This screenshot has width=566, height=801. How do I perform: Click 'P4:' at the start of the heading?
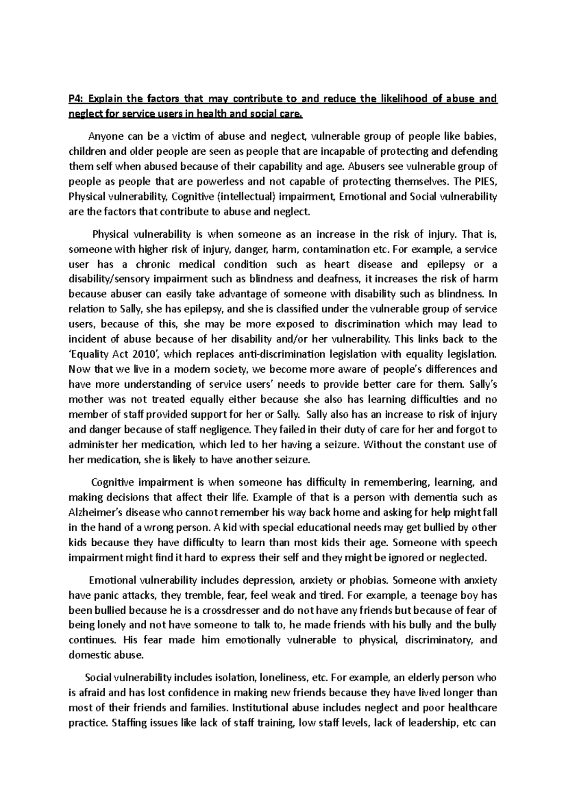tap(75, 99)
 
